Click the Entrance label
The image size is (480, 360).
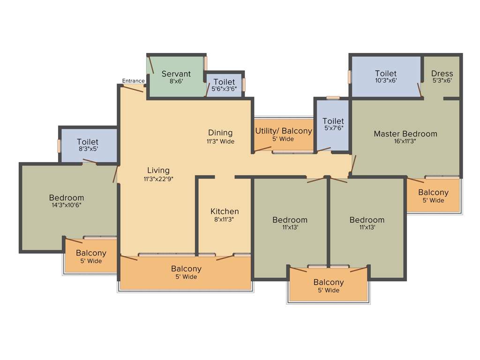tap(133, 81)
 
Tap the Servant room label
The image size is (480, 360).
tap(176, 74)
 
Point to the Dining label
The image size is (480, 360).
tap(220, 133)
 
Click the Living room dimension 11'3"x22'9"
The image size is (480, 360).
tap(158, 179)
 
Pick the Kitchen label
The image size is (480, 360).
tap(225, 211)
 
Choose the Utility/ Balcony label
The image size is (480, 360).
tap(283, 131)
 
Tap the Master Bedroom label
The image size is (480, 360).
tap(405, 134)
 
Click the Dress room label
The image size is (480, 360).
tap(442, 73)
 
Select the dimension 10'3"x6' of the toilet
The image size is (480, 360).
tap(385, 81)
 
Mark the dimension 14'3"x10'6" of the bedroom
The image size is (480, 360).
tap(66, 205)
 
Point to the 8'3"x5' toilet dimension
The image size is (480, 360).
tap(88, 149)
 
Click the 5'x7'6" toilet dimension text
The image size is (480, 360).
tap(333, 128)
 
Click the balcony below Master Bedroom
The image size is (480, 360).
tap(433, 196)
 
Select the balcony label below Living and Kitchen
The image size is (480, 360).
tap(186, 269)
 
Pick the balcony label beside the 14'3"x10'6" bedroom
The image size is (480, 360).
tap(91, 253)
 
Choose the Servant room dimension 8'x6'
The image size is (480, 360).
tap(176, 81)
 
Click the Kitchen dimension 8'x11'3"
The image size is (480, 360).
tap(225, 219)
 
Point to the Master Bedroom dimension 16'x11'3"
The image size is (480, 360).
tap(405, 142)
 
